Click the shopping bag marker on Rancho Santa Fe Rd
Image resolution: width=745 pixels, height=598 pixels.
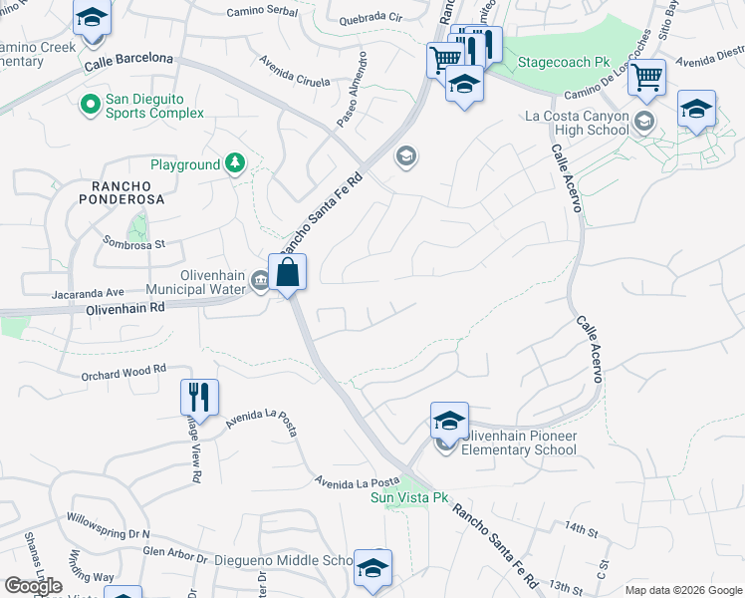click(x=287, y=273)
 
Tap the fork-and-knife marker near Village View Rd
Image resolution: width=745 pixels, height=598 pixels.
click(x=199, y=397)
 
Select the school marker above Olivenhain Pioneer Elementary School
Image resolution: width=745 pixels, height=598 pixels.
click(x=449, y=421)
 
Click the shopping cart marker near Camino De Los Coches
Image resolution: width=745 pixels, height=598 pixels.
click(x=647, y=78)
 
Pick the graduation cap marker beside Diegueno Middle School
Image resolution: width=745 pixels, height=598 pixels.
click(x=372, y=567)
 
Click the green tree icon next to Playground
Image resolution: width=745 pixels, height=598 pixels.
click(x=234, y=163)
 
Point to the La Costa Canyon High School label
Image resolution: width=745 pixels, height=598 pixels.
click(x=577, y=123)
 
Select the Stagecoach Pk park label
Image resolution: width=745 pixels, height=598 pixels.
click(x=563, y=62)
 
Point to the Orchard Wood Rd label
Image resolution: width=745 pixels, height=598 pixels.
click(x=124, y=374)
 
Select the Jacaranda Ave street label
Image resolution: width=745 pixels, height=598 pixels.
click(x=88, y=293)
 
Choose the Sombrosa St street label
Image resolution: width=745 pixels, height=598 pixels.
click(x=134, y=241)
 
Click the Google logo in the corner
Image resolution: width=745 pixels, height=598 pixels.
click(x=33, y=586)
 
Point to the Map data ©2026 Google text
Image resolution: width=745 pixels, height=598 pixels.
click(x=682, y=590)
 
